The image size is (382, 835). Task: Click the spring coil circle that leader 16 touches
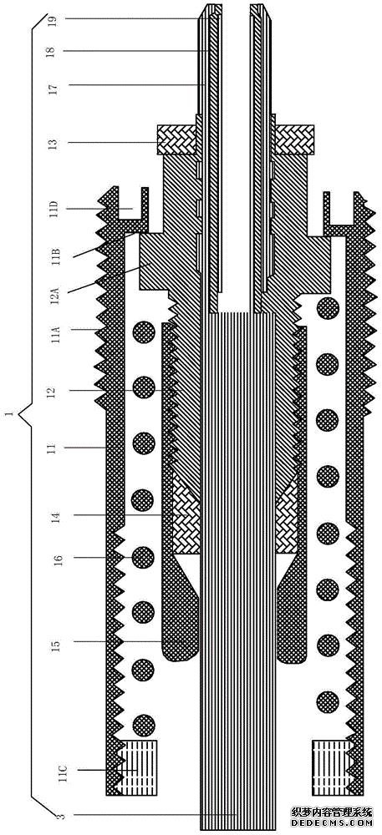pos(143,557)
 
